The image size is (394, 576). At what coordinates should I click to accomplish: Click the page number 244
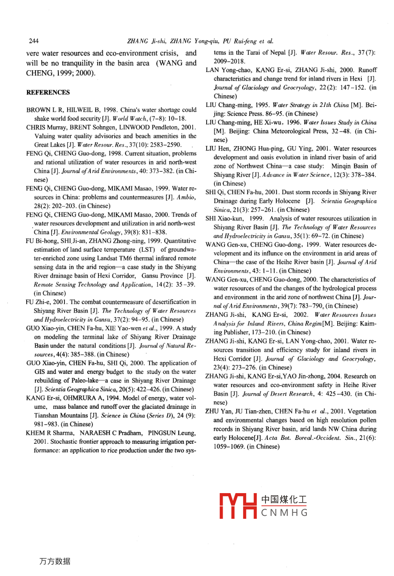tap(34, 41)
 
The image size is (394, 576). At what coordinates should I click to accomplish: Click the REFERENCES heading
tap(48, 93)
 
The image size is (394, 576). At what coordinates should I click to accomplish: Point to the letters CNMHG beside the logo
tap(285, 513)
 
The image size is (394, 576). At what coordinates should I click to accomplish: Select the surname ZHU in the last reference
tap(212, 411)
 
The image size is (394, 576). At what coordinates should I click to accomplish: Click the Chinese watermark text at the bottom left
tap(54, 562)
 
